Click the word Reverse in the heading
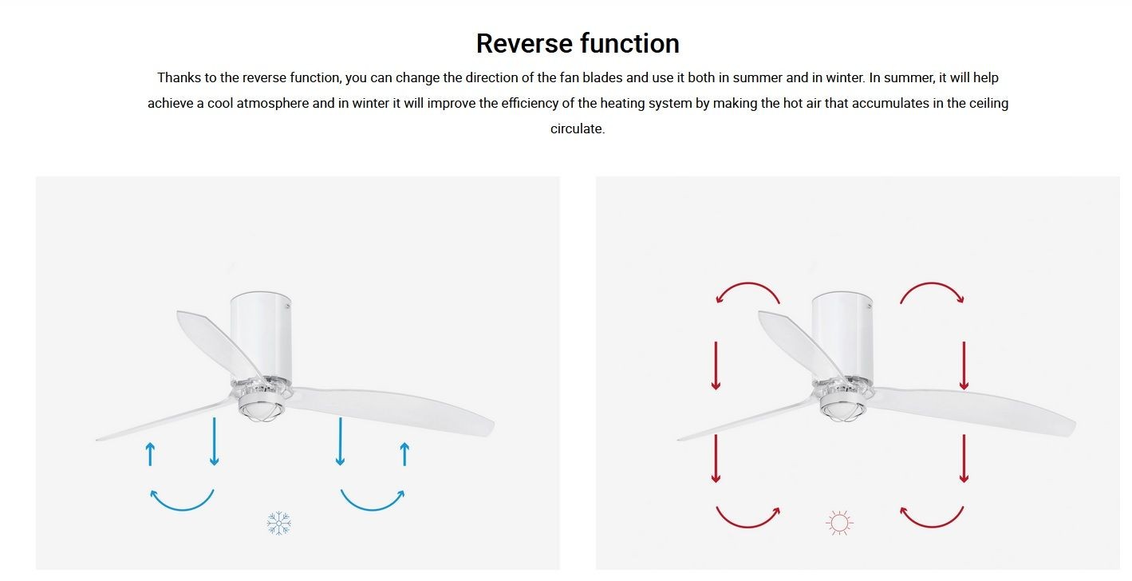click(x=525, y=43)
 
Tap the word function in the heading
click(x=630, y=43)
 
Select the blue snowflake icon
click(x=279, y=523)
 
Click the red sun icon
click(x=839, y=523)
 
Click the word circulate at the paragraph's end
click(x=577, y=128)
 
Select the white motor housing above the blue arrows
click(x=262, y=336)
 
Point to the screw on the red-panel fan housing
click(x=870, y=306)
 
